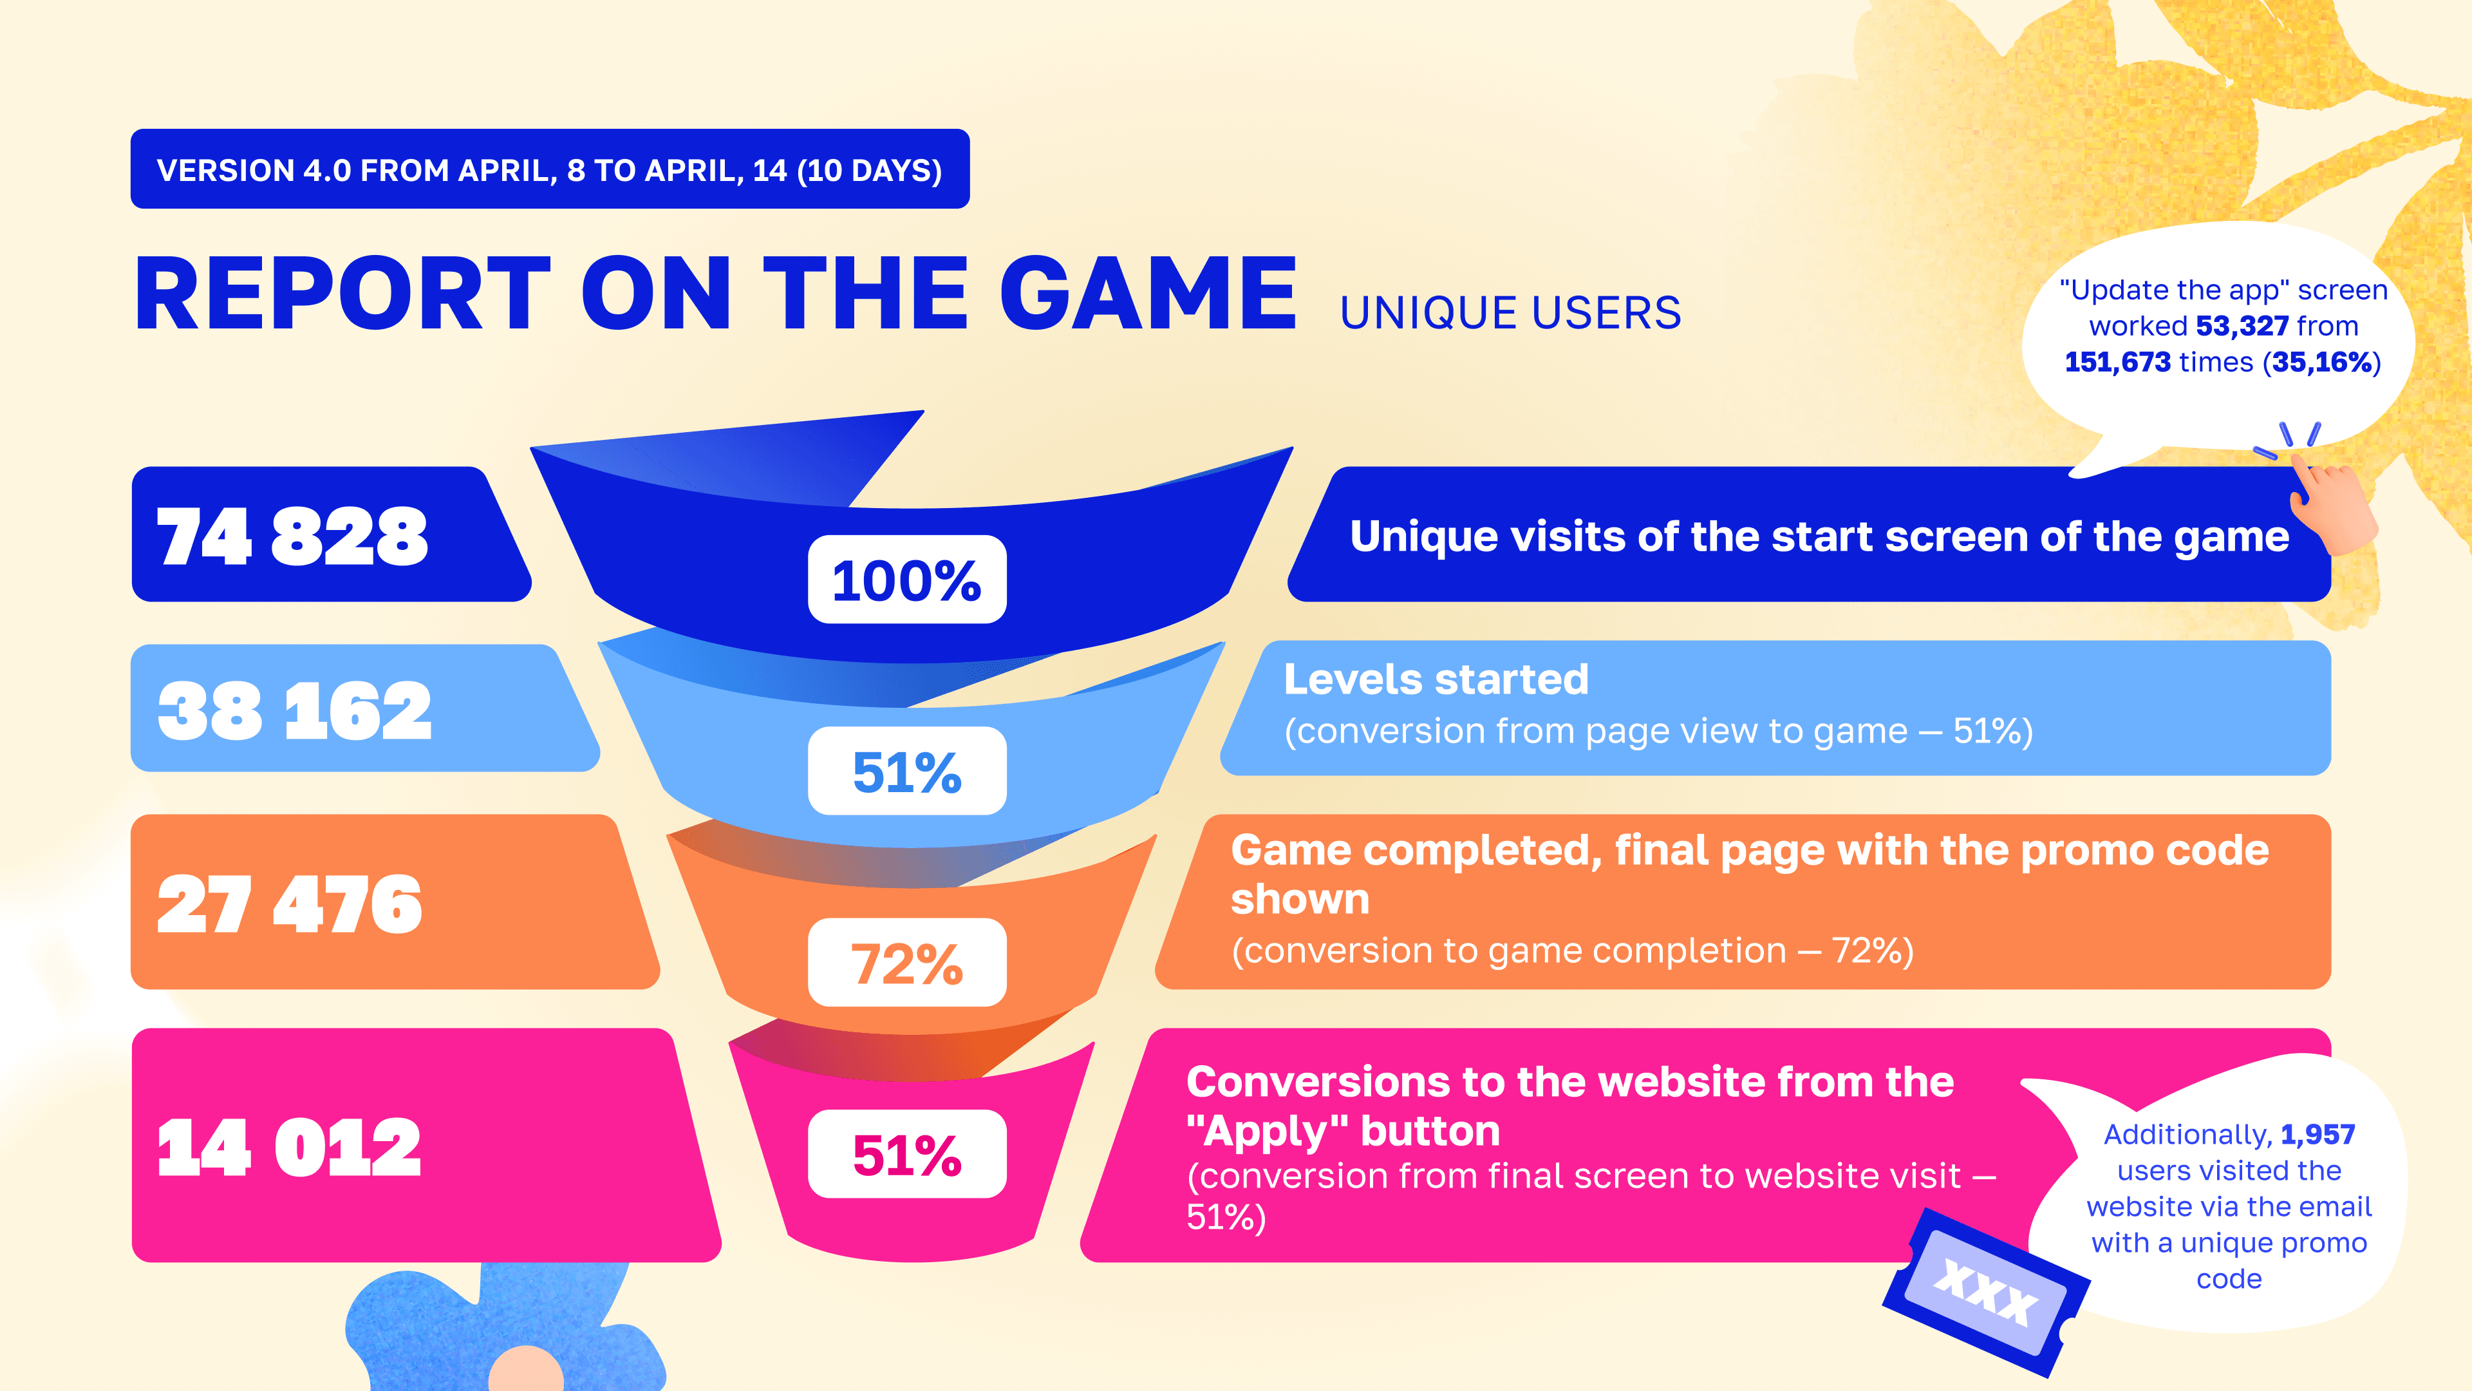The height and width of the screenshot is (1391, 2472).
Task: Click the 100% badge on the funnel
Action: point(907,580)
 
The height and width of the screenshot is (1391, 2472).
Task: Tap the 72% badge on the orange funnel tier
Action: point(907,963)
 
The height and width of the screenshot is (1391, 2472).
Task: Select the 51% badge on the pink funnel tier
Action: point(907,1154)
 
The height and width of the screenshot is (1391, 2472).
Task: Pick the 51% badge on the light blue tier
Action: point(907,771)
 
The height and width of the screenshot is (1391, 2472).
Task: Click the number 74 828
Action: point(293,536)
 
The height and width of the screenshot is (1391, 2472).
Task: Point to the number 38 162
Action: point(295,712)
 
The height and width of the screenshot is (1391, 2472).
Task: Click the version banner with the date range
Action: point(550,169)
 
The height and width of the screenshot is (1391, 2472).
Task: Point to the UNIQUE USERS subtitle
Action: point(1510,313)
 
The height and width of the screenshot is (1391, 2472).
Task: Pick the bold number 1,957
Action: point(2317,1135)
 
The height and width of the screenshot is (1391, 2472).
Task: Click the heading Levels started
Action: point(1436,679)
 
